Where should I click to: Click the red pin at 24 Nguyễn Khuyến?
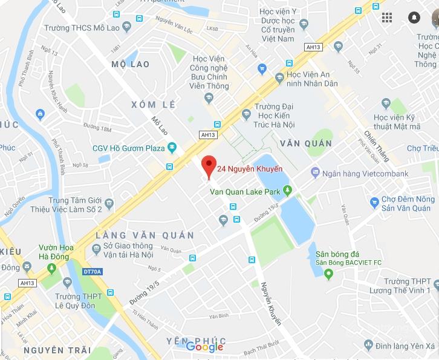209,165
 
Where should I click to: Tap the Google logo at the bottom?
204,347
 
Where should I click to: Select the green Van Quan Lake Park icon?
288,192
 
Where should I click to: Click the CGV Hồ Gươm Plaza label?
128,148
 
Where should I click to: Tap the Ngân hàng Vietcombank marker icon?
315,173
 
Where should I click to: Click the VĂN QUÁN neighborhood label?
306,143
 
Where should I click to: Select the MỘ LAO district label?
131,64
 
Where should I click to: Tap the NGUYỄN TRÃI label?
57,350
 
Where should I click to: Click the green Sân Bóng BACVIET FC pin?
329,275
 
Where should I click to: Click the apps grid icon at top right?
387,17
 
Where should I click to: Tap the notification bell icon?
414,17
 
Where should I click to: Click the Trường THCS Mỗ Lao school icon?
126,26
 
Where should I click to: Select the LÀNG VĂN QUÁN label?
145,235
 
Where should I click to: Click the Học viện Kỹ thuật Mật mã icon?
386,103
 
